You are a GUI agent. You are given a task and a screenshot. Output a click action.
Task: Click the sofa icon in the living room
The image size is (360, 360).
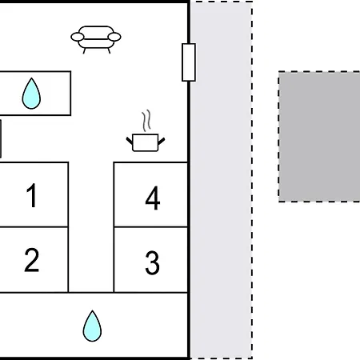pos(96,39)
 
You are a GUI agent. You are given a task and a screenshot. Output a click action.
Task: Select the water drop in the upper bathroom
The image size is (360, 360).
pos(31,94)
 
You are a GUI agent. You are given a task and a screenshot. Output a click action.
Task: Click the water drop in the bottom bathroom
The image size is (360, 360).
pos(92,326)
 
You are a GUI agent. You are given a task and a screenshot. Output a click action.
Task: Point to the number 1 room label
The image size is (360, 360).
pos(32,195)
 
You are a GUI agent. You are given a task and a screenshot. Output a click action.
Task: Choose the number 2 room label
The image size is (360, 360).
pos(31,260)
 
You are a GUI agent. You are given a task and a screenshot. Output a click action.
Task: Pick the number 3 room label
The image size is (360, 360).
pos(152,262)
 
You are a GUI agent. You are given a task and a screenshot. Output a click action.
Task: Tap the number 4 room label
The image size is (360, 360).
pos(153,198)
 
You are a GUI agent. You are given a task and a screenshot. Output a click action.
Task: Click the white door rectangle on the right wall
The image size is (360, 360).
pos(189,62)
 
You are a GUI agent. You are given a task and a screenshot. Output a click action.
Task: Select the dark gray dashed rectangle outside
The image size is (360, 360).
pos(319,137)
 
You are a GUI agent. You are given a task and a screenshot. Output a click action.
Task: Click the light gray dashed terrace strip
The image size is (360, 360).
pos(222,180)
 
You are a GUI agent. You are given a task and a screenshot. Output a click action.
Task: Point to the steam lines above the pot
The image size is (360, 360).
pos(146,121)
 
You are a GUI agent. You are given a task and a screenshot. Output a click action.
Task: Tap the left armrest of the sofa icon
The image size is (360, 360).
pos(78,37)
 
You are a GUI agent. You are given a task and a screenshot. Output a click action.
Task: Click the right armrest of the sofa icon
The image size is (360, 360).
pos(114,37)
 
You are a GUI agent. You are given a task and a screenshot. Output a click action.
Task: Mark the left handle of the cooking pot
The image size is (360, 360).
pos(130,141)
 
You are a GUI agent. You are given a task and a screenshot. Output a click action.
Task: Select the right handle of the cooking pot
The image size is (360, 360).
pos(162,141)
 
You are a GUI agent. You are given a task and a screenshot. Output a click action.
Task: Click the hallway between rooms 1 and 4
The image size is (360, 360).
pos(91,226)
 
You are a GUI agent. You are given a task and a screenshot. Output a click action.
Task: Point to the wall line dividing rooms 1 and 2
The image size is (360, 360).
pos(34,227)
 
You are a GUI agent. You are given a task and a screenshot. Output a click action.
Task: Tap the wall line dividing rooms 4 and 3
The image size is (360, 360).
pos(150,227)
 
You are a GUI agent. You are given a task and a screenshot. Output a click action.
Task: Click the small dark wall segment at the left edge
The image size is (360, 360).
pos(1,138)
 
